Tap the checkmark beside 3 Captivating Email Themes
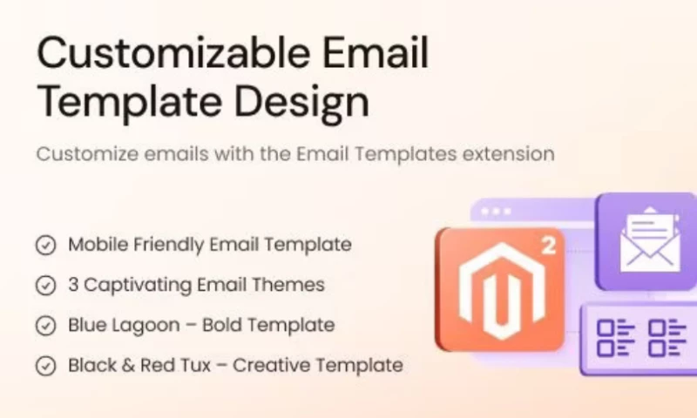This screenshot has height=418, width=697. point(46,286)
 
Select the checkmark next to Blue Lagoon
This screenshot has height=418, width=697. point(46,326)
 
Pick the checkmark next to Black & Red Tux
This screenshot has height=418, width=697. point(46,366)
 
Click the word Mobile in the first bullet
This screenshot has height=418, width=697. point(93,245)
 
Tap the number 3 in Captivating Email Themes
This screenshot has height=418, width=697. point(73,285)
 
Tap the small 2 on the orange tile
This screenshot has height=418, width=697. point(548,246)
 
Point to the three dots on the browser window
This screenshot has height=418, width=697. point(497,211)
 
